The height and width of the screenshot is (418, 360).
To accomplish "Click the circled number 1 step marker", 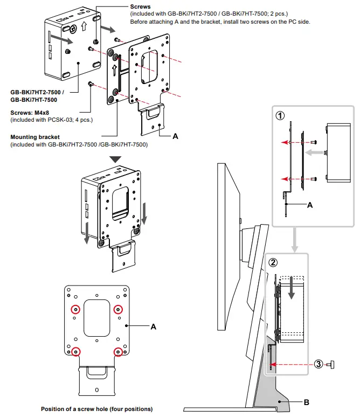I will [280, 115].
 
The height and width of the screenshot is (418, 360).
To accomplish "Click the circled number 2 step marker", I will [273, 263].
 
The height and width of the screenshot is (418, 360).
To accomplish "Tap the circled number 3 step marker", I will [319, 364].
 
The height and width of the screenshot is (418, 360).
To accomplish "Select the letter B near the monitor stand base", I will [307, 401].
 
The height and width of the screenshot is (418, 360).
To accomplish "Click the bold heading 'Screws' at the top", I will [141, 6].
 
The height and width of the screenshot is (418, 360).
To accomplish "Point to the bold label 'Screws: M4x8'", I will [32, 113].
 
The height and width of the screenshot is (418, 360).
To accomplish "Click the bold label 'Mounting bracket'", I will [35, 137].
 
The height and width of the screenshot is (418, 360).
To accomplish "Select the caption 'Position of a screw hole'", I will [96, 409].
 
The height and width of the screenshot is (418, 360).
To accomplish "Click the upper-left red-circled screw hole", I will [75, 309].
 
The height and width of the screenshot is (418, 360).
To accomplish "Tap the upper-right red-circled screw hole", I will [119, 309].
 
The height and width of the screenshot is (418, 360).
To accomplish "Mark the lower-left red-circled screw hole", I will [75, 352].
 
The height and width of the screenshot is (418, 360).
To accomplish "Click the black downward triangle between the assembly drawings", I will [116, 160].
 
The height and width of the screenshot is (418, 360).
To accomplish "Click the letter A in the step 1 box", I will [309, 205].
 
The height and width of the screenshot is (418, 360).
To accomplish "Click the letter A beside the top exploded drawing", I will [175, 137].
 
